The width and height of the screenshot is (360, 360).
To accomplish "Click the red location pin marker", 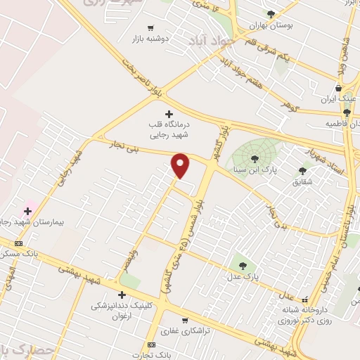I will pos(181,165).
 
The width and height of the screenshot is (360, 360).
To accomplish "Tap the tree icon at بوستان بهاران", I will pos(271,13).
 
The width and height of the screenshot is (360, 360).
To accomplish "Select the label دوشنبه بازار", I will pos(150,40).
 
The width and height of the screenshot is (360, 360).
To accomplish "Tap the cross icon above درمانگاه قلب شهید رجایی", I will pos(168,113).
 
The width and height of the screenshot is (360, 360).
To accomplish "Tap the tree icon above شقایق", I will pos(302,170).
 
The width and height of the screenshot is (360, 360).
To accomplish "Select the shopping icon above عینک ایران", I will pos(339,88).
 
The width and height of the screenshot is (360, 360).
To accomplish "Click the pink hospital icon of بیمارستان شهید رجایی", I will pos(28,210).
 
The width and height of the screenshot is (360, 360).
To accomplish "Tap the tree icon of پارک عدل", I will pos(243,266).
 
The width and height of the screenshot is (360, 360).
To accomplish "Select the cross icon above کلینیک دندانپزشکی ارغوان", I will pos(122,295).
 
